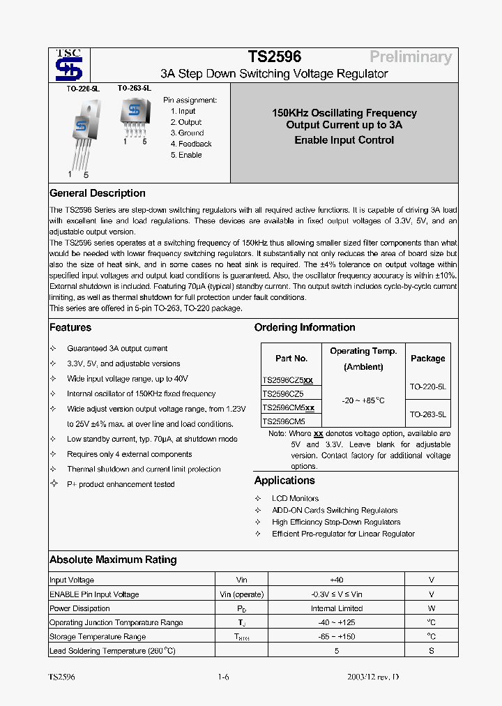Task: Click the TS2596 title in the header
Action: (274, 57)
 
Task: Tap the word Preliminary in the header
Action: (410, 57)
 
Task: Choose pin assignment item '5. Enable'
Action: (186, 155)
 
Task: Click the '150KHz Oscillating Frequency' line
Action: (344, 113)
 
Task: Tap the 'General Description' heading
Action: (98, 193)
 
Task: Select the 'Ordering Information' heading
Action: (304, 327)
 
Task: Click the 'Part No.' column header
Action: (291, 359)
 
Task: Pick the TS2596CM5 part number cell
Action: (283, 421)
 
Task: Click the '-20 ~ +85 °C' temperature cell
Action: (363, 400)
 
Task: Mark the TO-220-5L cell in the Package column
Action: (427, 386)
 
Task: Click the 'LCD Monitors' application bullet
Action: (295, 498)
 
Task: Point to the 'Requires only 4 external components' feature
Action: (130, 454)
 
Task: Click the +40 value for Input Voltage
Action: (336, 580)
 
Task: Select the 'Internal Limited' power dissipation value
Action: (336, 608)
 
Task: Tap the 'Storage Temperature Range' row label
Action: (98, 636)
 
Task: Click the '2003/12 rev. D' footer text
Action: (374, 677)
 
